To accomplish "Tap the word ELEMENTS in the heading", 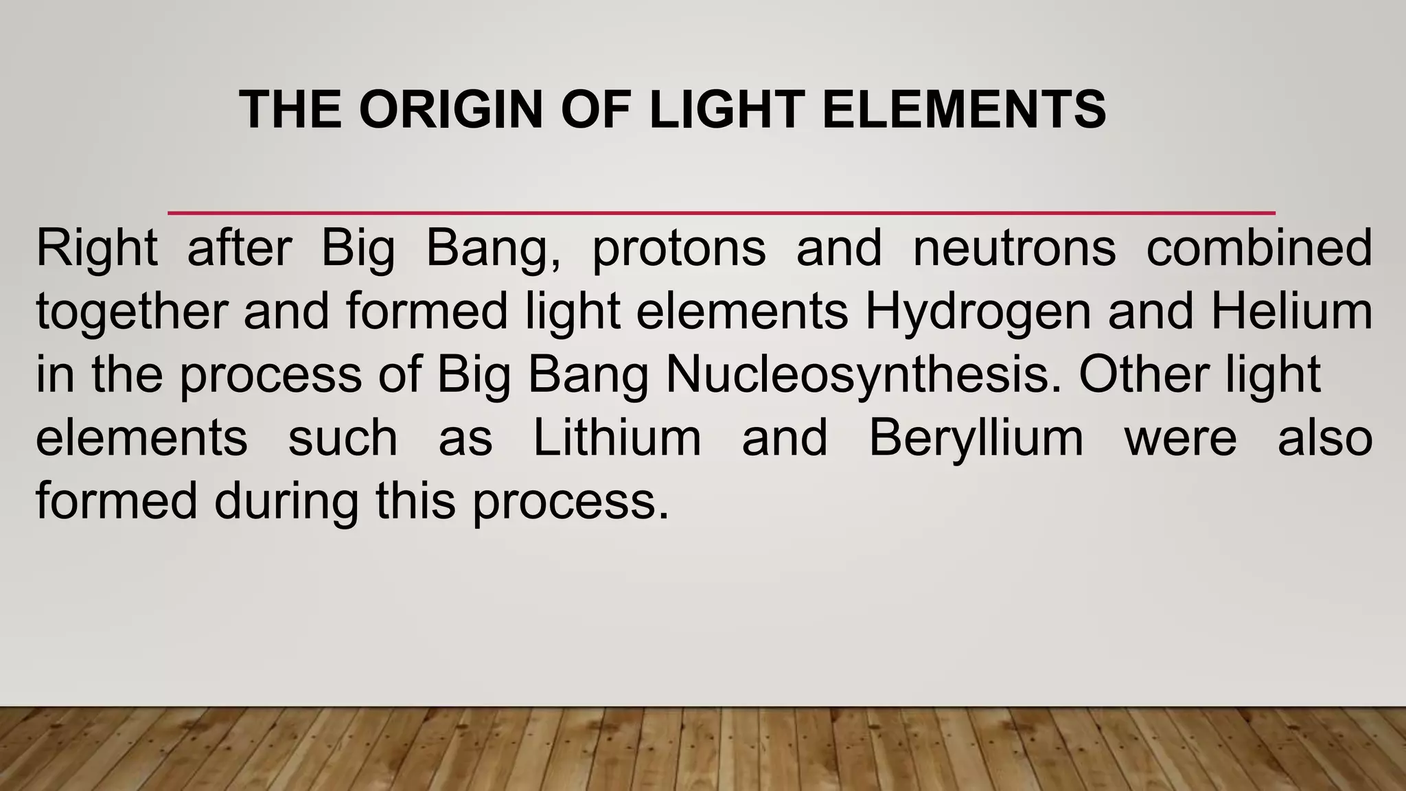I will click(x=963, y=110).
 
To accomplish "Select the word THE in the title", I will click(x=290, y=110).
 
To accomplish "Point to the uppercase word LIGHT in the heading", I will click(x=726, y=110).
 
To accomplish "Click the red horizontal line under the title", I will click(x=721, y=213).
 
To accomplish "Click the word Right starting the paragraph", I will click(x=97, y=249).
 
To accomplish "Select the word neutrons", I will click(x=1014, y=249).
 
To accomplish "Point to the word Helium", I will click(x=1291, y=312).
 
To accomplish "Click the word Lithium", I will click(x=617, y=438).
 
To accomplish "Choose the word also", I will click(x=1324, y=438).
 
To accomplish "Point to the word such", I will click(x=343, y=438).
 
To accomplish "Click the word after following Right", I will click(x=240, y=249).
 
